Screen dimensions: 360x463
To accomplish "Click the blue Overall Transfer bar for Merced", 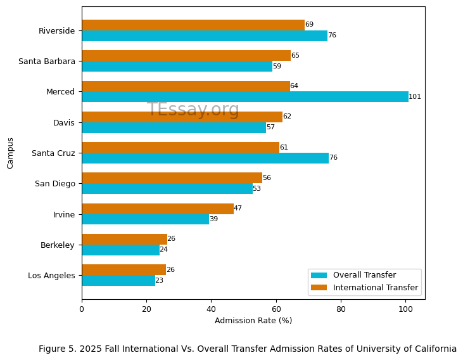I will pyautogui.click(x=244, y=97).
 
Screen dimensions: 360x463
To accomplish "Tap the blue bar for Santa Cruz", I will pyautogui.click(x=205, y=158).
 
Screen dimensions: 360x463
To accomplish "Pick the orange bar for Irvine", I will pyautogui.click(x=157, y=209).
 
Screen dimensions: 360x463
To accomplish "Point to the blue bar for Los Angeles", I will pyautogui.click(x=118, y=280).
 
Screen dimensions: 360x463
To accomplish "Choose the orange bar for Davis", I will pyautogui.click(x=182, y=117).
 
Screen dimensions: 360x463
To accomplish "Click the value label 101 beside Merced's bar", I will pyautogui.click(x=415, y=97).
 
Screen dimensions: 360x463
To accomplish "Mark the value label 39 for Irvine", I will pyautogui.click(x=213, y=219).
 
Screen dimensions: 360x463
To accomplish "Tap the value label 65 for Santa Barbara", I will pyautogui.click(x=295, y=56).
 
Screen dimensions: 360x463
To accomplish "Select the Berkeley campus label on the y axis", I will pyautogui.click(x=58, y=245).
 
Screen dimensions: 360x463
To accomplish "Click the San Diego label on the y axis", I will pyautogui.click(x=54, y=184).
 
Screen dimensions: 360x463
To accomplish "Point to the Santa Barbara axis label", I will pyautogui.click(x=47, y=61).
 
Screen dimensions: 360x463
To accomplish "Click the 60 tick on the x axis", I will pyautogui.click(x=276, y=309).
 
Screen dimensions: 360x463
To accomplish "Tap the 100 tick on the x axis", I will pyautogui.click(x=405, y=309).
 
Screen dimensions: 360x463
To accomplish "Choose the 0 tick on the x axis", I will pyautogui.click(x=82, y=309).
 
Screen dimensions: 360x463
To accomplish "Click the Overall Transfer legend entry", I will pyautogui.click(x=364, y=275).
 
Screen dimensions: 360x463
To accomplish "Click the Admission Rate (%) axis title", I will pyautogui.click(x=253, y=321).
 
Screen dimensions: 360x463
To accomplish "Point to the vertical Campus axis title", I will pyautogui.click(x=11, y=153).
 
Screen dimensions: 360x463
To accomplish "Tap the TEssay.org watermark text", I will pyautogui.click(x=193, y=110).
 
